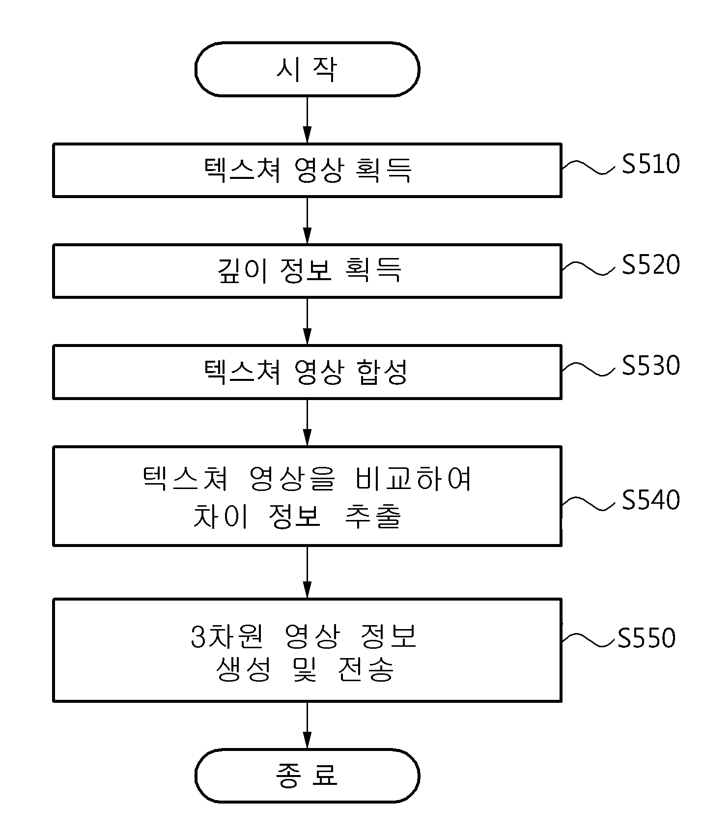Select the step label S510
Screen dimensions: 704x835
[651, 164]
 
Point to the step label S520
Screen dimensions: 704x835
[651, 264]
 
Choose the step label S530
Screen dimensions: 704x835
[651, 366]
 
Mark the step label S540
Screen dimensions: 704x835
[651, 500]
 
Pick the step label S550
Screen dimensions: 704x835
[647, 638]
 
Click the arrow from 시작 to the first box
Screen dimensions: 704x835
[307, 119]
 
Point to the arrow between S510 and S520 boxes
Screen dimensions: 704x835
[307, 221]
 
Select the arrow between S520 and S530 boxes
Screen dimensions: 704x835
[307, 321]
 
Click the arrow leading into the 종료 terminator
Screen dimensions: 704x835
[307, 725]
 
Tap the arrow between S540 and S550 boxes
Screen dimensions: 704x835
[307, 572]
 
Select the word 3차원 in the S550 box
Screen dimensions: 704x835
[227, 636]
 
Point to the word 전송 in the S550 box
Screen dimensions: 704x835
[366, 669]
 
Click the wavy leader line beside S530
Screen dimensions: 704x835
[588, 369]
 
